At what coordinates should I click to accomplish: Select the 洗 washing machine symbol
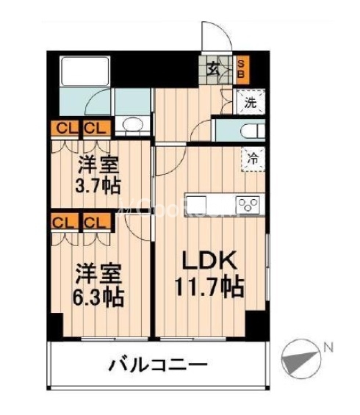pos(251,102)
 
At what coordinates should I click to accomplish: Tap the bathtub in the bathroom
pos(83,73)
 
